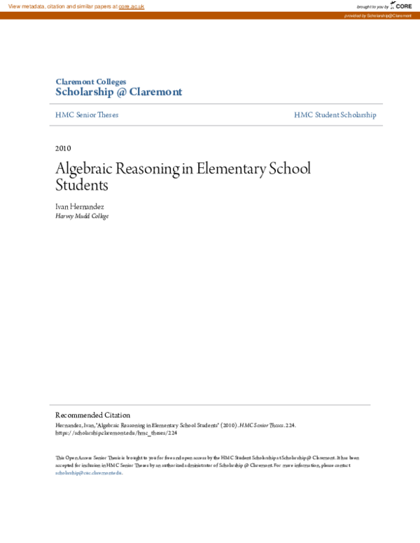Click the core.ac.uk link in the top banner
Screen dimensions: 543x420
132,6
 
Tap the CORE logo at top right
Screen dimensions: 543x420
401,6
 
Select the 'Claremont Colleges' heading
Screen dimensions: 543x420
91,82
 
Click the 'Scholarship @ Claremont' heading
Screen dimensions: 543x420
118,92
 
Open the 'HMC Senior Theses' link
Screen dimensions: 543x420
87,115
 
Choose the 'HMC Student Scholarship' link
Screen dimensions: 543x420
335,115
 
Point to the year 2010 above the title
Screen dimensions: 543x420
63,148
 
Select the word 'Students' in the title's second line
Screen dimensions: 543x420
82,186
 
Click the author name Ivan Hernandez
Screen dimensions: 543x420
80,207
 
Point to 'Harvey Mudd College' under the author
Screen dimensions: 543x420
82,216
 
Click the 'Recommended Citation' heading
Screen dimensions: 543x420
92,415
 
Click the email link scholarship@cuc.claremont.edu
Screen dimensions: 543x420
88,473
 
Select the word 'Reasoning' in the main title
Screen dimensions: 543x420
150,170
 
